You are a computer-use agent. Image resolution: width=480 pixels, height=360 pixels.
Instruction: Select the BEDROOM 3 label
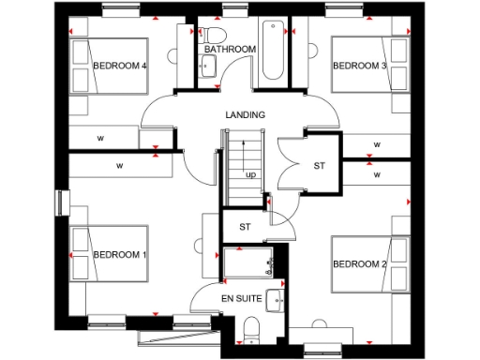point(359,66)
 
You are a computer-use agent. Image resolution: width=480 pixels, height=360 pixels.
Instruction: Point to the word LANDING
point(246,114)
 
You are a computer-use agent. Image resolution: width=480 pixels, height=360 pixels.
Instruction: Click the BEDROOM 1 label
point(120,254)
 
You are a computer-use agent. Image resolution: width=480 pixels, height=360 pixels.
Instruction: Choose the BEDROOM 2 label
point(359,263)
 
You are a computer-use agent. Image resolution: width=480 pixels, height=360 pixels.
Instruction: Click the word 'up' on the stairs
point(251,174)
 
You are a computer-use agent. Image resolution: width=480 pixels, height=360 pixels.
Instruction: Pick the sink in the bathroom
point(208,66)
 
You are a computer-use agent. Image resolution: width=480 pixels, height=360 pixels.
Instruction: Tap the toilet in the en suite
point(249,327)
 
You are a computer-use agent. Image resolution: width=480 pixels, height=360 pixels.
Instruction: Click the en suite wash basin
point(277,301)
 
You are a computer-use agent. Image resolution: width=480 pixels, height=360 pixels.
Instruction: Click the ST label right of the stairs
point(319,166)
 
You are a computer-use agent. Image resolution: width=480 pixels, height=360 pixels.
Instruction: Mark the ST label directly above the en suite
point(245,227)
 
